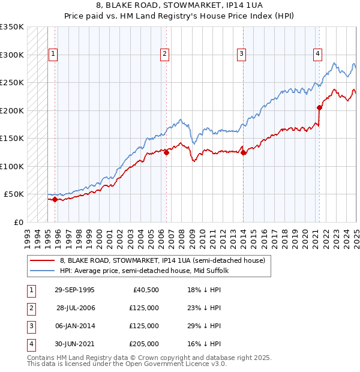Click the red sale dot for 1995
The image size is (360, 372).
coord(55,199)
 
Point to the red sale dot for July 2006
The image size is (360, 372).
coord(166,152)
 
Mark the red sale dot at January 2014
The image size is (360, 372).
coord(243,152)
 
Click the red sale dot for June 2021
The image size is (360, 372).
coord(320,108)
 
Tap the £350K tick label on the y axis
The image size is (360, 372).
coord(12,27)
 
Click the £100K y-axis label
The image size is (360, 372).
coord(12,166)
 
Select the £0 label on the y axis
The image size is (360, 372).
coord(18,222)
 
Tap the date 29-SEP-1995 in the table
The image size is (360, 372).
coord(74,290)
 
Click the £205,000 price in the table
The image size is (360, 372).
coord(144,344)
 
